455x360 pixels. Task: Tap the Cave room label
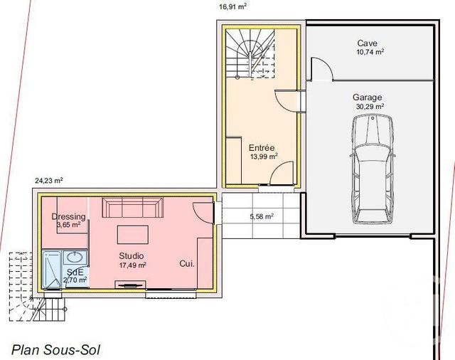pos(368,43)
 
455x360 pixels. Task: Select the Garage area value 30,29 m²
pos(369,107)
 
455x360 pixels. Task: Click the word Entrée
pos(262,147)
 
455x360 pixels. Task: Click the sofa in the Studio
pos(133,208)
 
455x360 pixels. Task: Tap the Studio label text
pos(132,256)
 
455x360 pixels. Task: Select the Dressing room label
pos(69,217)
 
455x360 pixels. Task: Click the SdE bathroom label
pos(75,272)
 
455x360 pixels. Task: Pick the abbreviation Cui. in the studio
pos(188,263)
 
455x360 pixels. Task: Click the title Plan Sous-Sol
pos(56,349)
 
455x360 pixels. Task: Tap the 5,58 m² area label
pos(261,216)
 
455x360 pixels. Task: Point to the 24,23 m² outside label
pos(49,181)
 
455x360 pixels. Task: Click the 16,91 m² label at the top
pos(232,6)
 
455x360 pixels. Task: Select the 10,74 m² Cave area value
pos(370,52)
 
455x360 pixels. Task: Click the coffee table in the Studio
pos(133,235)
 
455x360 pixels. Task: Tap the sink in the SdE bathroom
pos(75,258)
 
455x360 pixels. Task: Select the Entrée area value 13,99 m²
pos(263,157)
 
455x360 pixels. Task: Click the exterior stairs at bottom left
pos(48,307)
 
